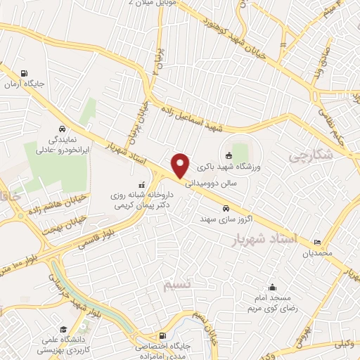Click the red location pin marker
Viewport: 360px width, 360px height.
click(x=181, y=165)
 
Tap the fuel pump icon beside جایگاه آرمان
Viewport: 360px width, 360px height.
click(x=25, y=73)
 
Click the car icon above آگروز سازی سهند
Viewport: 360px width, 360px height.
click(x=225, y=208)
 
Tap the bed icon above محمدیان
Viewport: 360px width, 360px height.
click(x=317, y=241)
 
